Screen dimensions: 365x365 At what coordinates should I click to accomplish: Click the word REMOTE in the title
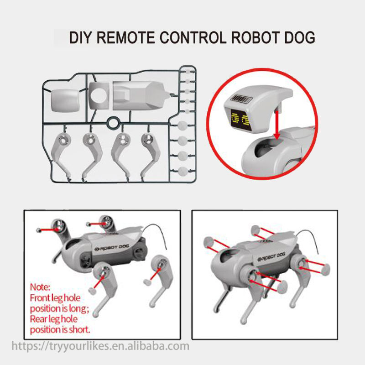[126, 37]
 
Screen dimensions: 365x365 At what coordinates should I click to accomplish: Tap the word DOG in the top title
[300, 37]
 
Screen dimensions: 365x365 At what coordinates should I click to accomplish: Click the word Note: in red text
[40, 287]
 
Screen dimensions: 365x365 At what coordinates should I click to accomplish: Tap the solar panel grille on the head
[241, 99]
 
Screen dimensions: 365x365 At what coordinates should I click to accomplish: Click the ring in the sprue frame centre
[114, 123]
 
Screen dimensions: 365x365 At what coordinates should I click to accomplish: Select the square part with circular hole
[99, 95]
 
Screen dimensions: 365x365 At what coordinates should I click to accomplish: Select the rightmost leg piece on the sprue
[151, 154]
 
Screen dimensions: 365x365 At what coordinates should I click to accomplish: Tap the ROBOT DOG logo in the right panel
[271, 257]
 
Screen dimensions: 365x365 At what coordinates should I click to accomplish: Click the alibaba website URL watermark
[100, 346]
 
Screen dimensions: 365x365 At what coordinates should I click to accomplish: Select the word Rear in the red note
[38, 319]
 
